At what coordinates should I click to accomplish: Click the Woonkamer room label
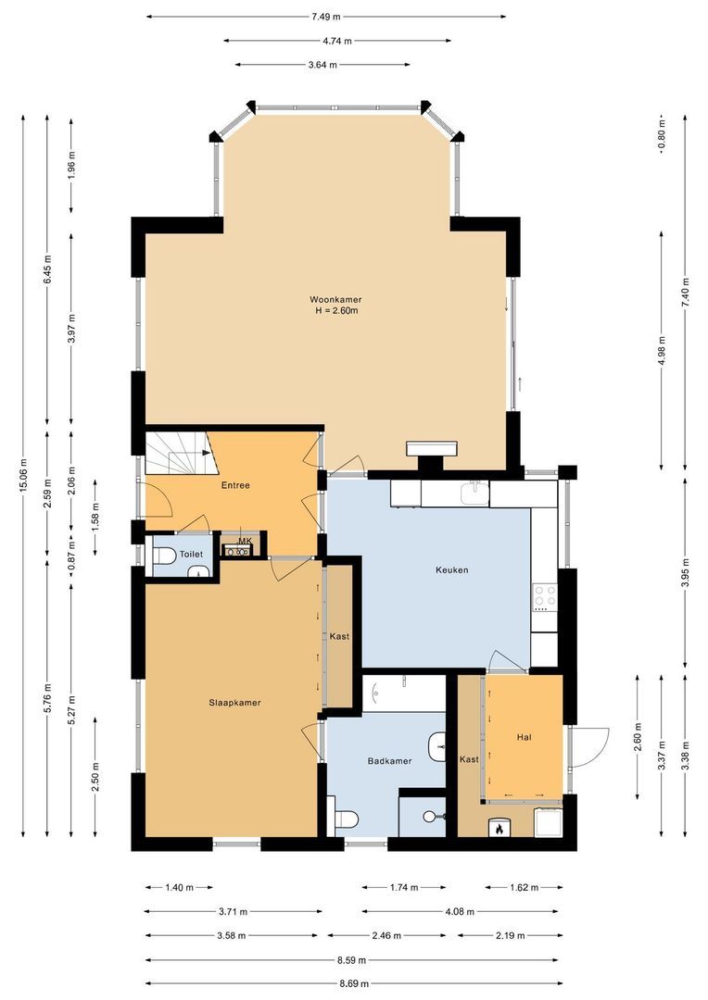tap(335, 299)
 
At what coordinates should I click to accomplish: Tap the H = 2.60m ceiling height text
tap(335, 311)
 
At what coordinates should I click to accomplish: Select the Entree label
tap(234, 485)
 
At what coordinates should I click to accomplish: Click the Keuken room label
tap(451, 569)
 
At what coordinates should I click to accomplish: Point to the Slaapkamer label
tap(234, 703)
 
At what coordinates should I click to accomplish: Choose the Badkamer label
tap(389, 761)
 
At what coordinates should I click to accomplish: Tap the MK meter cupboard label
tap(245, 541)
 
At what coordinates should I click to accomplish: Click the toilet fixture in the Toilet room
tap(165, 556)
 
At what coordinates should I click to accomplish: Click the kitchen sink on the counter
tap(474, 493)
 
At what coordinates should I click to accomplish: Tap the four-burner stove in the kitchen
tap(544, 597)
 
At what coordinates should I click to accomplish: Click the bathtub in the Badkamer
tap(405, 693)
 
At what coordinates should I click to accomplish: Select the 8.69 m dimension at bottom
tap(353, 983)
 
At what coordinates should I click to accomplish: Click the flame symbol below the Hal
tap(501, 828)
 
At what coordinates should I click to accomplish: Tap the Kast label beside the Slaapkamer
tap(339, 636)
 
